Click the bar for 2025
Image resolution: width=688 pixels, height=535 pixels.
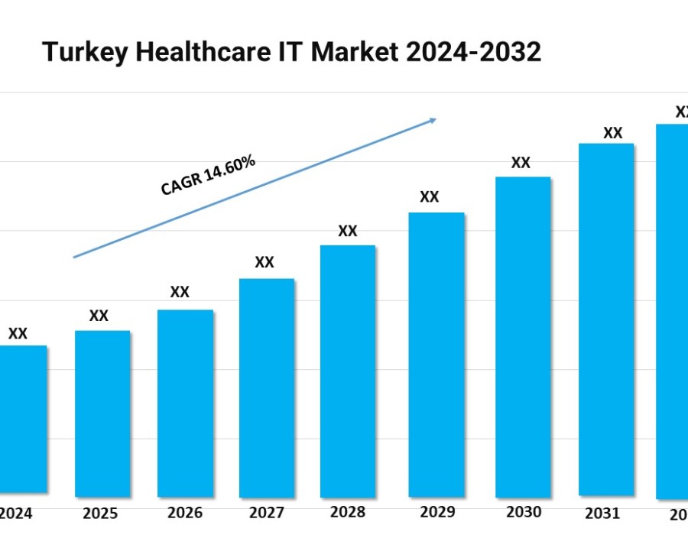coord(102,413)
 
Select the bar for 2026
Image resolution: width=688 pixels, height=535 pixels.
coord(185,402)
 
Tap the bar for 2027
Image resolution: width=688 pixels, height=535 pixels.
coord(267,387)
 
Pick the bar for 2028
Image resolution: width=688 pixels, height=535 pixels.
coord(348,370)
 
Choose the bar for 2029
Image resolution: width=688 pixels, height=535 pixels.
coord(436,354)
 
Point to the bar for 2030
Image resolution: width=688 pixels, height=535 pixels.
coord(523,336)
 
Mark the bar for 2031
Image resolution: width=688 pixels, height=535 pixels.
coord(606,319)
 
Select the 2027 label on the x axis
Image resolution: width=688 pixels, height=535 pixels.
coord(265,513)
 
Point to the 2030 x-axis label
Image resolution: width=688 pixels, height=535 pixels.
coord(523,512)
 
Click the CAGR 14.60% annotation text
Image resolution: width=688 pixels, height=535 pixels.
coord(207,176)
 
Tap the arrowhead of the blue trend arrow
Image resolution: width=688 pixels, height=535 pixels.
coord(433,120)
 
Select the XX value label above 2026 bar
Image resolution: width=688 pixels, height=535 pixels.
coord(180,292)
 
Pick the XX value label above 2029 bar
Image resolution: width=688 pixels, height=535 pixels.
coord(430,197)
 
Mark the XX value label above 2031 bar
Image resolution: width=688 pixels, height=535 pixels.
coord(612,133)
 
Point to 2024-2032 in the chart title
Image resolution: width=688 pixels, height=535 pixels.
coord(474,52)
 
